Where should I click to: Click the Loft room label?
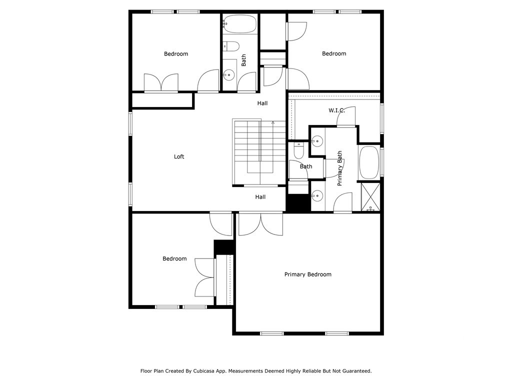[x=179, y=156]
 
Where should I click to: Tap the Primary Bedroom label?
[x=307, y=274]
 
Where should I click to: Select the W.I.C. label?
[x=336, y=110]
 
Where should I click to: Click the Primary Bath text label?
[x=340, y=168]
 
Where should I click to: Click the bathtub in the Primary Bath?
[x=369, y=162]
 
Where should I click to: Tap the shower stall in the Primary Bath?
[x=370, y=197]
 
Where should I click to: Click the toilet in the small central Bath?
[x=299, y=150]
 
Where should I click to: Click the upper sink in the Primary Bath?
[x=316, y=141]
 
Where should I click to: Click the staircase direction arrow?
[x=273, y=122]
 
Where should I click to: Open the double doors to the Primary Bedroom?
[x=260, y=223]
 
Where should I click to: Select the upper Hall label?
[x=262, y=103]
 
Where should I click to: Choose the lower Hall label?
[x=260, y=197]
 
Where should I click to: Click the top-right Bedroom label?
[x=333, y=54]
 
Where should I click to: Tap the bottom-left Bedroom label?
[x=174, y=258]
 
